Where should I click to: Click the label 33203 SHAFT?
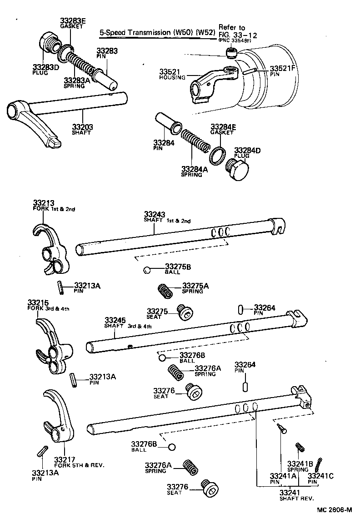[82, 129]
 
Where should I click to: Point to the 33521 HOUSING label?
[172, 74]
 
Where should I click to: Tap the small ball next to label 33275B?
[146, 270]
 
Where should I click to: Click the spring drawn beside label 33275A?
[165, 290]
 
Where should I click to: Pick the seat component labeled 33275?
[185, 314]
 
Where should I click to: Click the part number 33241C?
[320, 476]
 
